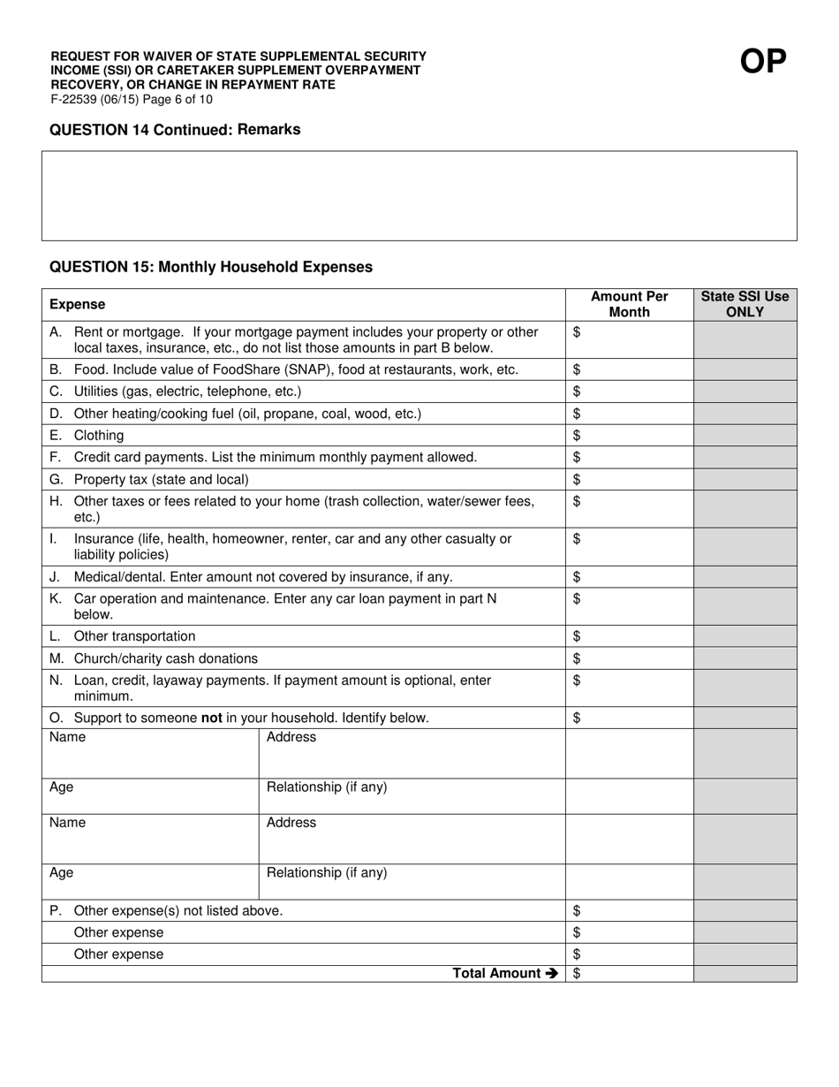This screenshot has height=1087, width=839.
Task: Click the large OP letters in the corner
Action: tap(762, 61)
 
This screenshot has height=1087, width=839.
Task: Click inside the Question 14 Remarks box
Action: tap(419, 195)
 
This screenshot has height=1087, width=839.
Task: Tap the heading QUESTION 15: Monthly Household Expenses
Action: tap(211, 267)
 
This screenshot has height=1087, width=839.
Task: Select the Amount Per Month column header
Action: tap(629, 304)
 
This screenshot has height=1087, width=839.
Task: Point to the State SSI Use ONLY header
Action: tap(745, 304)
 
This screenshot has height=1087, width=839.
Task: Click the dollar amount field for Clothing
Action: tap(629, 435)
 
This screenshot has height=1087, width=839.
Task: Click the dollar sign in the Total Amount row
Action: tap(577, 973)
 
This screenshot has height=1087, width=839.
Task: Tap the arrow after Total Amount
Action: tap(552, 973)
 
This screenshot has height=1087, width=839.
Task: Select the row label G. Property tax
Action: tap(150, 479)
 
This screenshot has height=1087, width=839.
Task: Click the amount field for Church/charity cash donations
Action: tap(629, 658)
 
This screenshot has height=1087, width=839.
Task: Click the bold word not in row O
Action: tap(211, 718)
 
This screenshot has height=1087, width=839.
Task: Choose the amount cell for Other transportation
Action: tap(629, 636)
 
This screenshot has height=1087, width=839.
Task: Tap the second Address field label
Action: tap(291, 823)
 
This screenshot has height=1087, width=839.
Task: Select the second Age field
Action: tap(150, 882)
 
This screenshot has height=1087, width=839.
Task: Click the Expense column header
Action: tap(77, 304)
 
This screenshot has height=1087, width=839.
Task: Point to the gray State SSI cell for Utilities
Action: tap(745, 391)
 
